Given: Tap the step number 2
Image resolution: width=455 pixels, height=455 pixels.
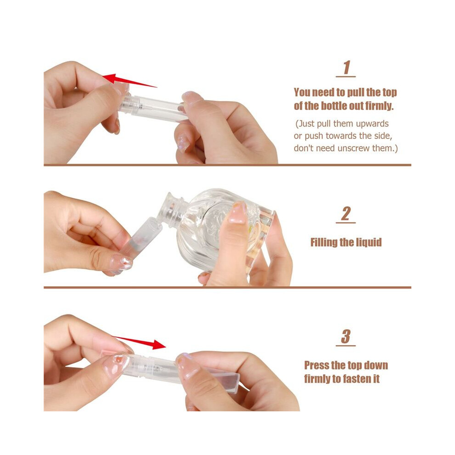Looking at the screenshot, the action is pyautogui.click(x=346, y=214).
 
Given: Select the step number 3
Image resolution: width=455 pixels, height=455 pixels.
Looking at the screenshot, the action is pyautogui.click(x=346, y=336).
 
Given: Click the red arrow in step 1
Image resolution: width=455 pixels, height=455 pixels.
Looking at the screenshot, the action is pyautogui.click(x=130, y=80).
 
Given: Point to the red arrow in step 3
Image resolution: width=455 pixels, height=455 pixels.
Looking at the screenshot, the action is pyautogui.click(x=139, y=342).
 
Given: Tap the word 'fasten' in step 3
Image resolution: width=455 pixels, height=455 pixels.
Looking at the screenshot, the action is pyautogui.click(x=354, y=379).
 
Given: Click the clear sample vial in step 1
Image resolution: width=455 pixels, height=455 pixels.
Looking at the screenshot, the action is pyautogui.click(x=153, y=108).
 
